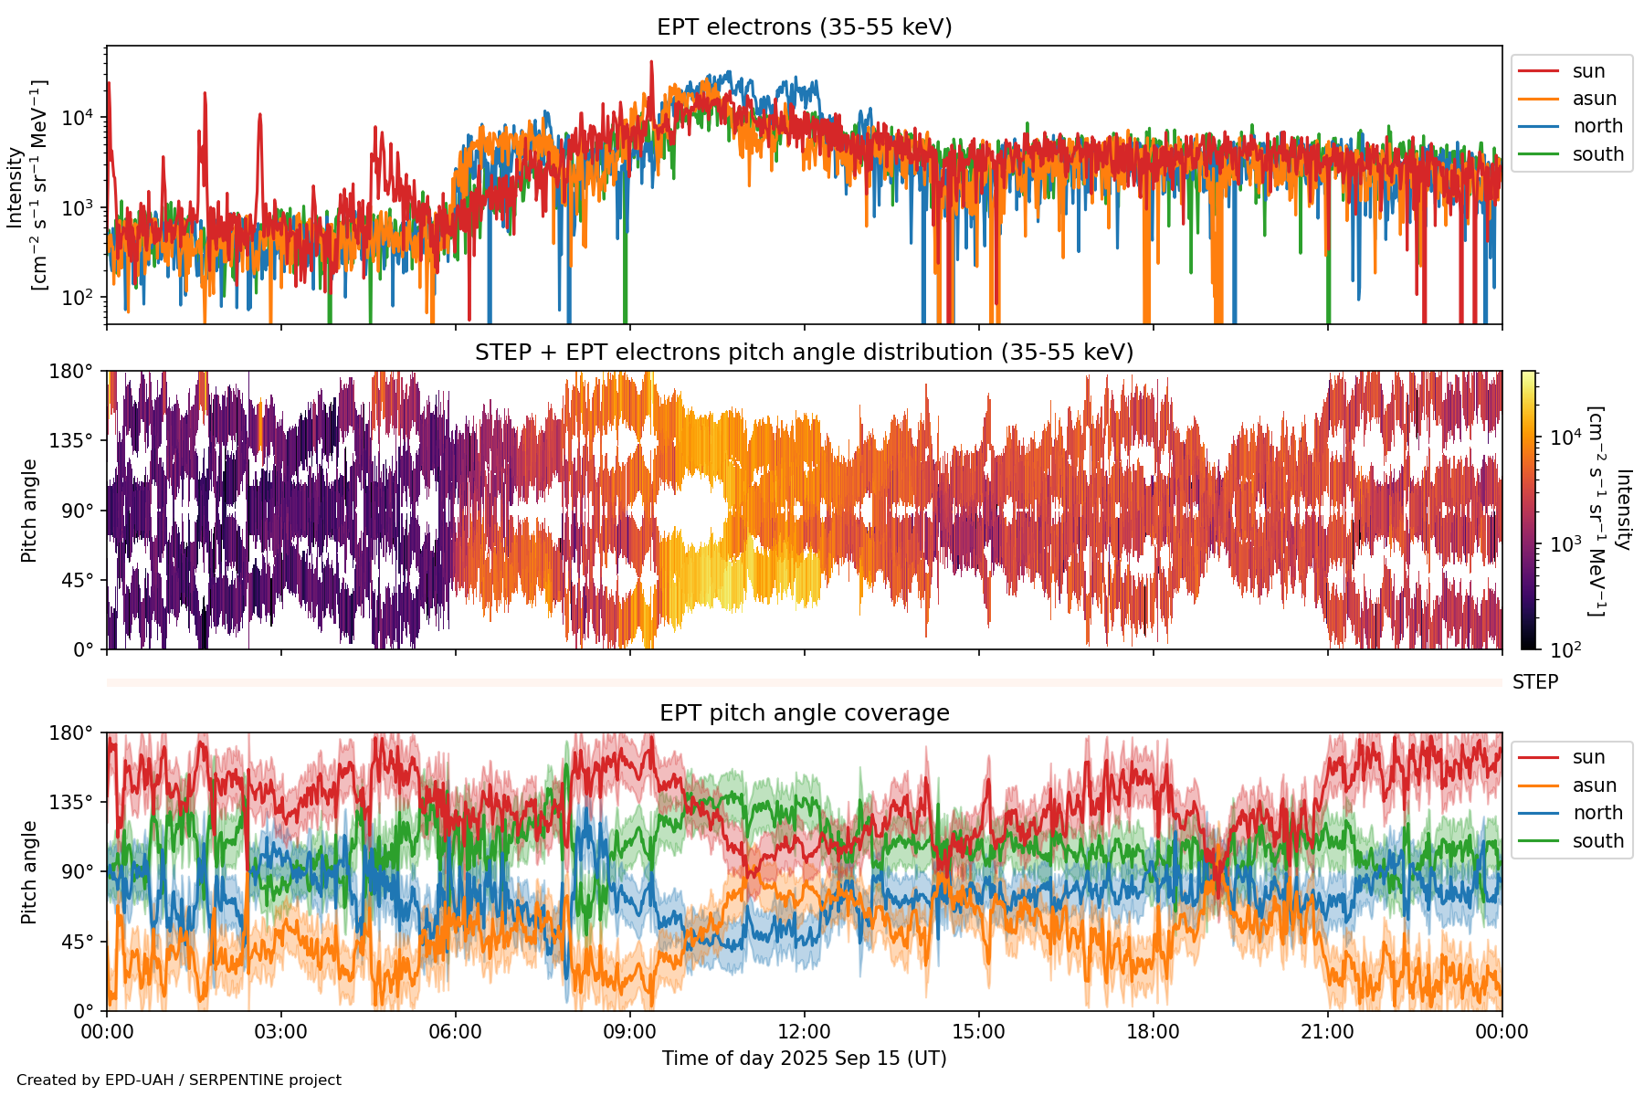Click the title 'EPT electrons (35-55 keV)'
pyautogui.click(x=804, y=27)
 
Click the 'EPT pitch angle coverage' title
pyautogui.click(x=804, y=713)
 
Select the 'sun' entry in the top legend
pyautogui.click(x=1588, y=71)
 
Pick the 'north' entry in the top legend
pyautogui.click(x=1597, y=126)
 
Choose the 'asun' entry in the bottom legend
pyautogui.click(x=1594, y=785)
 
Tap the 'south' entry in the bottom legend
pyautogui.click(x=1597, y=841)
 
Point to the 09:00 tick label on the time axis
pyautogui.click(x=629, y=1032)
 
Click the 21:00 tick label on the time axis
pyautogui.click(x=1327, y=1032)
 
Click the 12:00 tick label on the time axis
pyautogui.click(x=804, y=1032)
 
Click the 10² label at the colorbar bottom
pyautogui.click(x=1567, y=650)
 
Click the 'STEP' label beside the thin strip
pyautogui.click(x=1535, y=682)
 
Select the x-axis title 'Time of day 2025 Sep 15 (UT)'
pyautogui.click(x=804, y=1059)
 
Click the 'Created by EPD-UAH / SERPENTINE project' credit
pyautogui.click(x=179, y=1080)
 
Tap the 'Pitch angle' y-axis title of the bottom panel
pyautogui.click(x=30, y=872)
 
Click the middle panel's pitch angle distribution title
pyautogui.click(x=804, y=353)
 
